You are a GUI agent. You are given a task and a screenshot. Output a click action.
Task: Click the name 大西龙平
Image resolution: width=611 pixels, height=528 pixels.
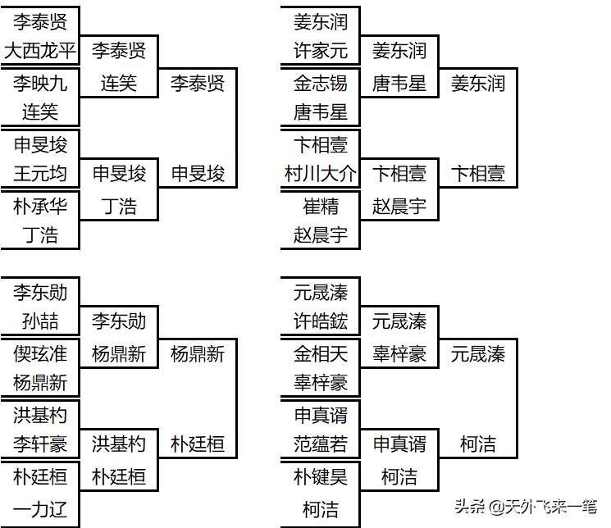40,52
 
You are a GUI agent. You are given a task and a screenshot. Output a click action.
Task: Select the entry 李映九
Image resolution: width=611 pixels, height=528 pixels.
40,84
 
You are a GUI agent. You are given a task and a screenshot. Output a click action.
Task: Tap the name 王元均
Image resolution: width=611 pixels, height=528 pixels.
40,174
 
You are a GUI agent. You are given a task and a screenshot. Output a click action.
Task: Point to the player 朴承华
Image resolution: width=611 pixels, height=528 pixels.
40,206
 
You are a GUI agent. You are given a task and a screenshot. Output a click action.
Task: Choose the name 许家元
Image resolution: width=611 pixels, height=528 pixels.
321,52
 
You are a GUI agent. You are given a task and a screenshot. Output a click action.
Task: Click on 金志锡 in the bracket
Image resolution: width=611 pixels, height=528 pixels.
321,84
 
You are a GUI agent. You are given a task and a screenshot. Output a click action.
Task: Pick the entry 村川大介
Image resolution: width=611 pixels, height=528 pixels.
321,174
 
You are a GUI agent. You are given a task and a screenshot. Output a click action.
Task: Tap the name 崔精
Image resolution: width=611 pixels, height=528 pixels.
321,206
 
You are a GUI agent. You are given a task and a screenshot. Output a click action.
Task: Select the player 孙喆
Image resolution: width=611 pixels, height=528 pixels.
40,321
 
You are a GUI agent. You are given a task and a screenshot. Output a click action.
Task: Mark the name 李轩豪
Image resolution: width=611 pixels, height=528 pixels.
40,444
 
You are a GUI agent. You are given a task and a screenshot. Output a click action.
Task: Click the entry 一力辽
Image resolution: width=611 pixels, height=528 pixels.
40,509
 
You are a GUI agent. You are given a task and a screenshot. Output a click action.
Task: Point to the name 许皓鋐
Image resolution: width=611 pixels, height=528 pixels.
321,321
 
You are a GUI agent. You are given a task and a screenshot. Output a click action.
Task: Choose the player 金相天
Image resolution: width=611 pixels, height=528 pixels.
321,354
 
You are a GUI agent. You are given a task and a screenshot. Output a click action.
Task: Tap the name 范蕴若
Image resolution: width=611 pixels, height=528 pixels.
321,444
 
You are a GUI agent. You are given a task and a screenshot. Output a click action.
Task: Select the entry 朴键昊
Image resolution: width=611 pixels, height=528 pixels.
321,476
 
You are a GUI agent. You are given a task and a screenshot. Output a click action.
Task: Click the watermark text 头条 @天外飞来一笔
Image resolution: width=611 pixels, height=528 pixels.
520,506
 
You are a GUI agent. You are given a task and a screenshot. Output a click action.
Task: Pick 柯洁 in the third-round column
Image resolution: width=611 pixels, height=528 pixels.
478,444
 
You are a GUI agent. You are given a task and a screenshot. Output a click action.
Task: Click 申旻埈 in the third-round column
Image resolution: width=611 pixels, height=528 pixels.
198,174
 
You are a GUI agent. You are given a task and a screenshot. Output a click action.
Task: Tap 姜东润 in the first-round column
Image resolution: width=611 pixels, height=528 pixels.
321,21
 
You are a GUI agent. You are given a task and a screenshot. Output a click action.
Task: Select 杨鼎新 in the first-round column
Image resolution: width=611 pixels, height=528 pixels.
40,383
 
